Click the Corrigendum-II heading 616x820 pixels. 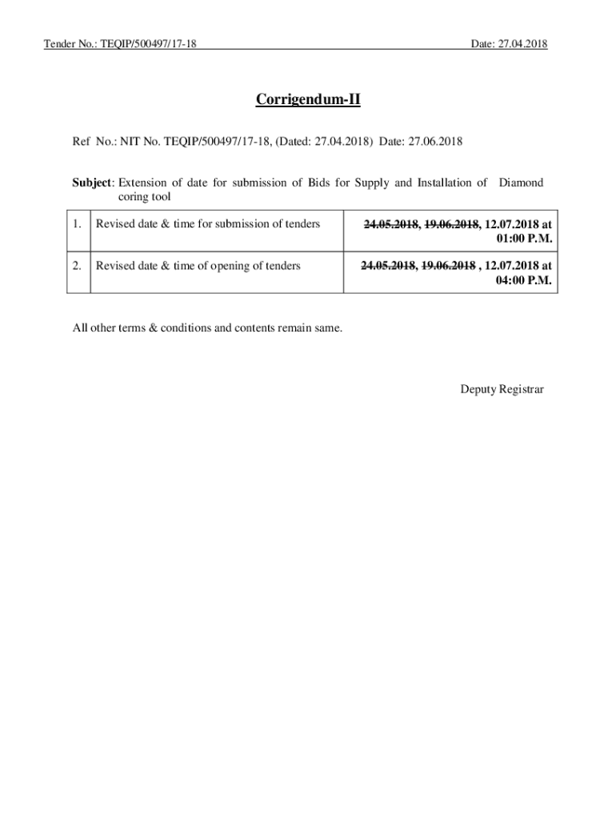click(x=308, y=100)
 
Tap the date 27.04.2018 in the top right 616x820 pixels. click(x=522, y=44)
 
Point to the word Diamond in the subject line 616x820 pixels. click(x=521, y=183)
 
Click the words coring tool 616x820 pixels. click(x=144, y=196)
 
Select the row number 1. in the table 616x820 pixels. click(x=77, y=224)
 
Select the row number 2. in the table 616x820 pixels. click(x=77, y=266)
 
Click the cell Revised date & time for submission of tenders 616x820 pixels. click(x=208, y=224)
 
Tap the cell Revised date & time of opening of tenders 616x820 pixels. click(x=198, y=266)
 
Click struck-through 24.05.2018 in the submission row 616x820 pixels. click(x=391, y=225)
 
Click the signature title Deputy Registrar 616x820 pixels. click(x=502, y=389)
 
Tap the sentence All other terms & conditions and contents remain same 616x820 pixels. click(x=207, y=328)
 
